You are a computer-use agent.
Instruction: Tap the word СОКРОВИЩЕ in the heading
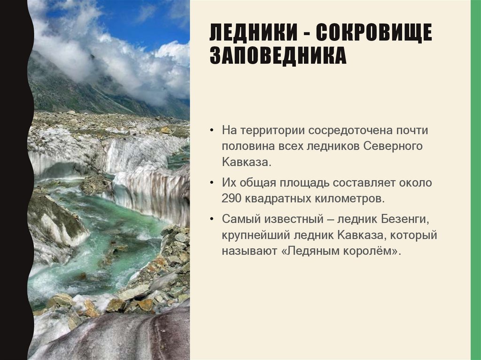tap(373, 34)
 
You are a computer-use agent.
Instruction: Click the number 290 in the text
tap(232, 198)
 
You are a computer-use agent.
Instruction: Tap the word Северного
tap(393, 146)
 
